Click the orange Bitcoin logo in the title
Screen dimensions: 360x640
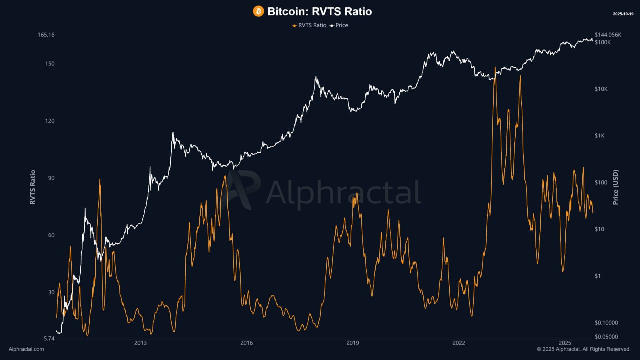click(258, 11)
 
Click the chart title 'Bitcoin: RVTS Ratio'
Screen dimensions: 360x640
click(319, 11)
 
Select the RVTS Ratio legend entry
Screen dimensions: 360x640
click(309, 25)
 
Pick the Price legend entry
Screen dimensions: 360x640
click(339, 25)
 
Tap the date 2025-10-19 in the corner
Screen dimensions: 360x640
click(623, 14)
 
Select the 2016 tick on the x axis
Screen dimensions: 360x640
click(246, 343)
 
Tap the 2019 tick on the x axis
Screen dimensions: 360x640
click(352, 343)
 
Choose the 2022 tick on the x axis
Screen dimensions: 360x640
click(458, 343)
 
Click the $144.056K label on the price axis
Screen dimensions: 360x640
click(608, 35)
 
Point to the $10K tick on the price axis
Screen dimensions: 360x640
click(601, 89)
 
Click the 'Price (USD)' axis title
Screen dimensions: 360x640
click(615, 187)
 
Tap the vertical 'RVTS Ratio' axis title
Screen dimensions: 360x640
click(33, 187)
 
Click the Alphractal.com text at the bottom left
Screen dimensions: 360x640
click(26, 349)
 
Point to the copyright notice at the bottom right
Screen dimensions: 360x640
click(583, 349)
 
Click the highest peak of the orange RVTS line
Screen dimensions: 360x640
click(495, 67)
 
